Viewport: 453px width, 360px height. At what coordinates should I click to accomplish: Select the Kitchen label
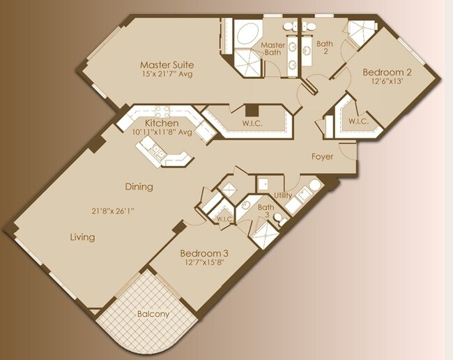[159, 123]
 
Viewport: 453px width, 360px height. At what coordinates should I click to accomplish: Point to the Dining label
[139, 187]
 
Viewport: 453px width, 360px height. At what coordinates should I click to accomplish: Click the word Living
[82, 237]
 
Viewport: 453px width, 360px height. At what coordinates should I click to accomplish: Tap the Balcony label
[153, 314]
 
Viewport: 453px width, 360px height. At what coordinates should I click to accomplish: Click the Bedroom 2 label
[385, 72]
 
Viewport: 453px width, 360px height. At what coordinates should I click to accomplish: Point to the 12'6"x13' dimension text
[385, 82]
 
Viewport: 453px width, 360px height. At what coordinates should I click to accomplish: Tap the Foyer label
[322, 157]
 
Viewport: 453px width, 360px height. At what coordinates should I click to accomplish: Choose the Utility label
[282, 195]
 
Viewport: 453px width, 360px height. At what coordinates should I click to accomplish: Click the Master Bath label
[272, 50]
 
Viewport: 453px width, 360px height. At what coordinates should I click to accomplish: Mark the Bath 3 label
[266, 211]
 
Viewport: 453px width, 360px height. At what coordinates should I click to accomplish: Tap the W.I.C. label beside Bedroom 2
[358, 121]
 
